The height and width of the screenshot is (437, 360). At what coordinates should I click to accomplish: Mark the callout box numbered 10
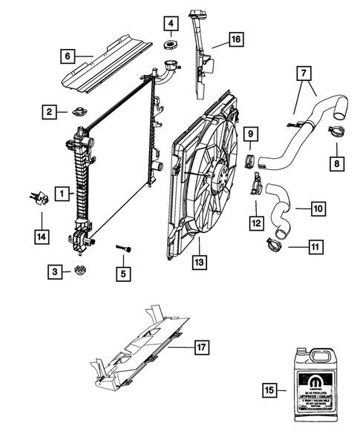[x=318, y=210]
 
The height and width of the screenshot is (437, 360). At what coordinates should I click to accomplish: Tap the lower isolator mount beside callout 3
[x=80, y=272]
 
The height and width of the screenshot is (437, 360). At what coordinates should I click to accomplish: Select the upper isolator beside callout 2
[x=79, y=114]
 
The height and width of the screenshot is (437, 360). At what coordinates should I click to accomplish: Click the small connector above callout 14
[x=38, y=196]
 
